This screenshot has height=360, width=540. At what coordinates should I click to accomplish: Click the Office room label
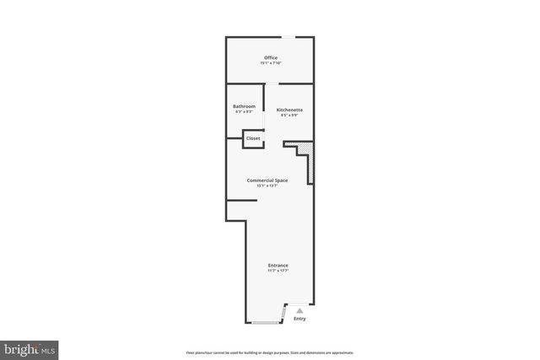point(270,57)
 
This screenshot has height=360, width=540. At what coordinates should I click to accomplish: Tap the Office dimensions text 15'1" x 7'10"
point(270,63)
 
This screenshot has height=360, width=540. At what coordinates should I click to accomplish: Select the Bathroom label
point(245,105)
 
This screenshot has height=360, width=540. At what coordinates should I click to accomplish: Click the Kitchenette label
point(289,110)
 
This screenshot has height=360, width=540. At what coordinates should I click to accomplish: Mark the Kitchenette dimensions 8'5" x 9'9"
point(289,116)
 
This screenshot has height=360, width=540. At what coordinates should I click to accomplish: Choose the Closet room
point(253,138)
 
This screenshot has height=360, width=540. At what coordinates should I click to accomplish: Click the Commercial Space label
point(267,180)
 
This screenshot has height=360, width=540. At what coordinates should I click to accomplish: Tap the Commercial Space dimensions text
point(267,186)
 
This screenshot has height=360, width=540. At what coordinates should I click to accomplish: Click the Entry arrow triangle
point(299,311)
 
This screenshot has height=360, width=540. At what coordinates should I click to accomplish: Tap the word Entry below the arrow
point(300,319)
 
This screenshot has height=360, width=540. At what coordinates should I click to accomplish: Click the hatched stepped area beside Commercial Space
point(309,164)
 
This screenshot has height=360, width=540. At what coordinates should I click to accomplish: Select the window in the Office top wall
point(289,37)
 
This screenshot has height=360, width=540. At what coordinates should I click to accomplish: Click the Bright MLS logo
point(30,348)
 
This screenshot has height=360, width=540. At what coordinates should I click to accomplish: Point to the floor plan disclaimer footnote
point(270,352)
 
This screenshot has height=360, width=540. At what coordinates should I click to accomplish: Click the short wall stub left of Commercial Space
point(241,201)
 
